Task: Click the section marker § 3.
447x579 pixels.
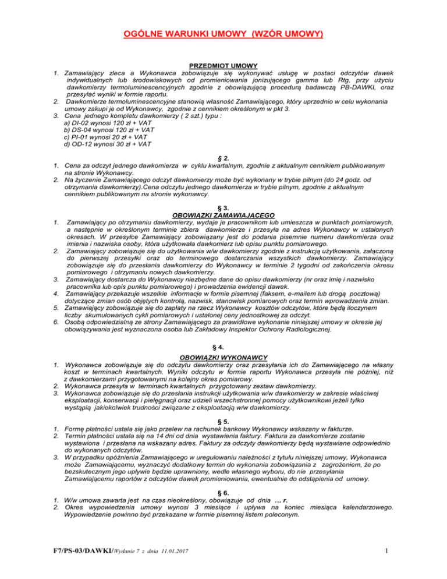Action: point(223,208)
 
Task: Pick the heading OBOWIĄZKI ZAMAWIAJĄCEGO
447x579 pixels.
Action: point(223,216)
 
